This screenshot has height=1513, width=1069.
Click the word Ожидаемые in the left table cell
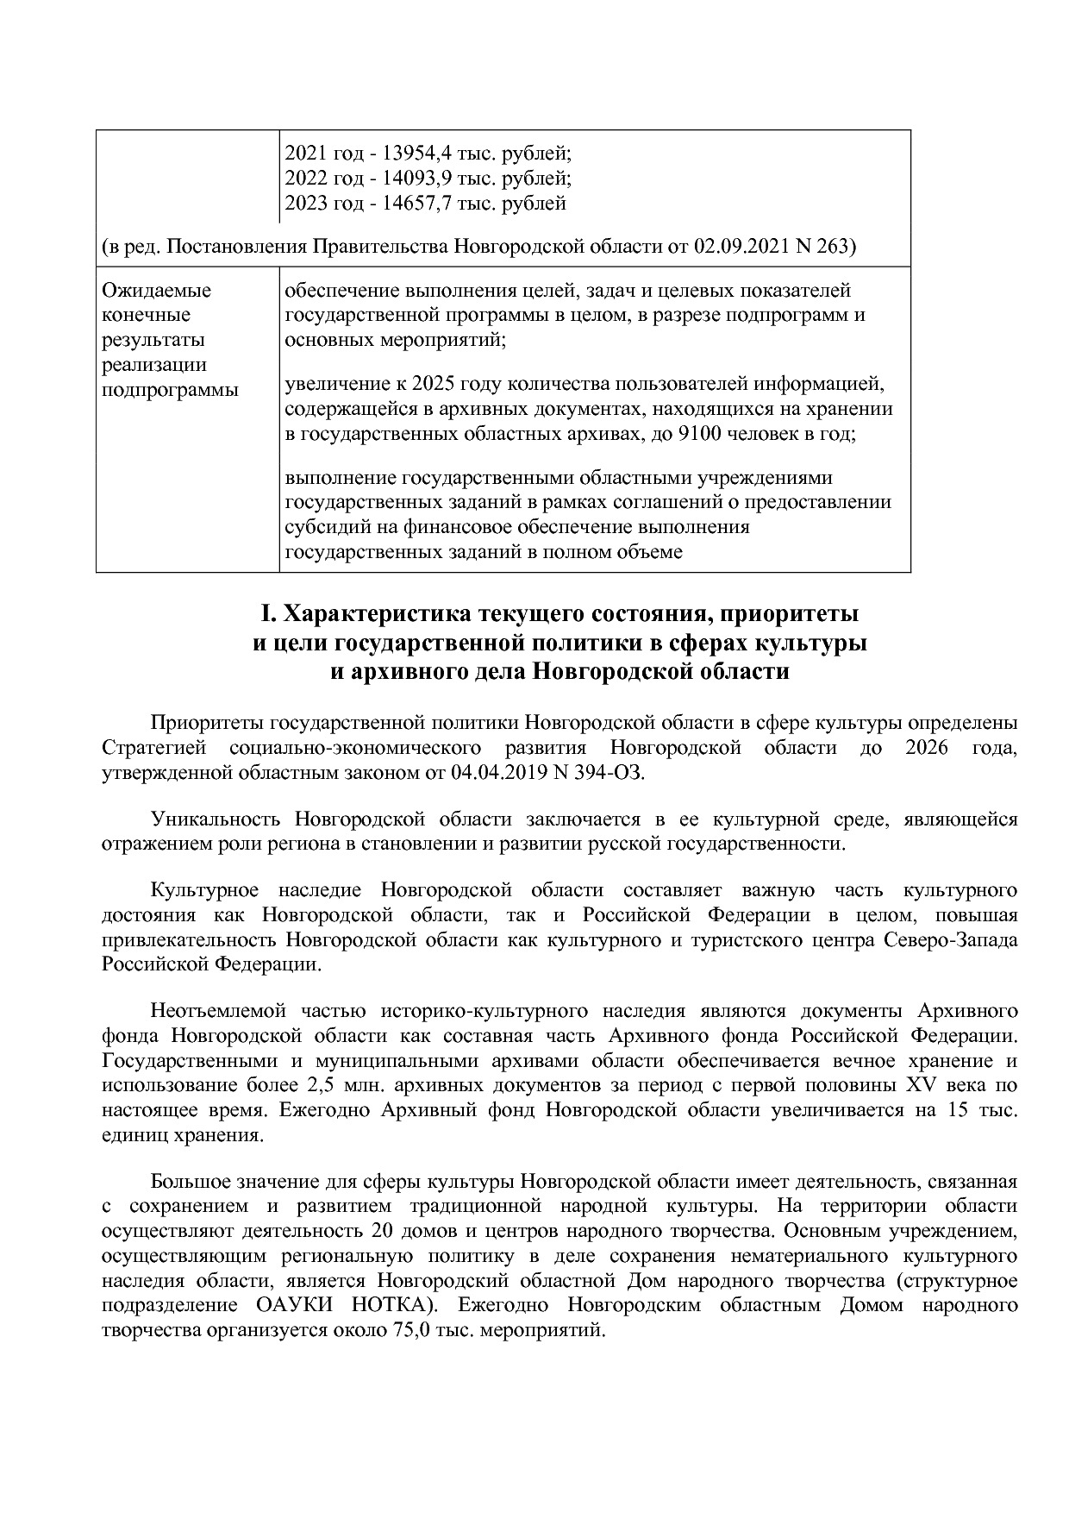[x=156, y=291]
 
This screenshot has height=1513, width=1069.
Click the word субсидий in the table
[x=324, y=527]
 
